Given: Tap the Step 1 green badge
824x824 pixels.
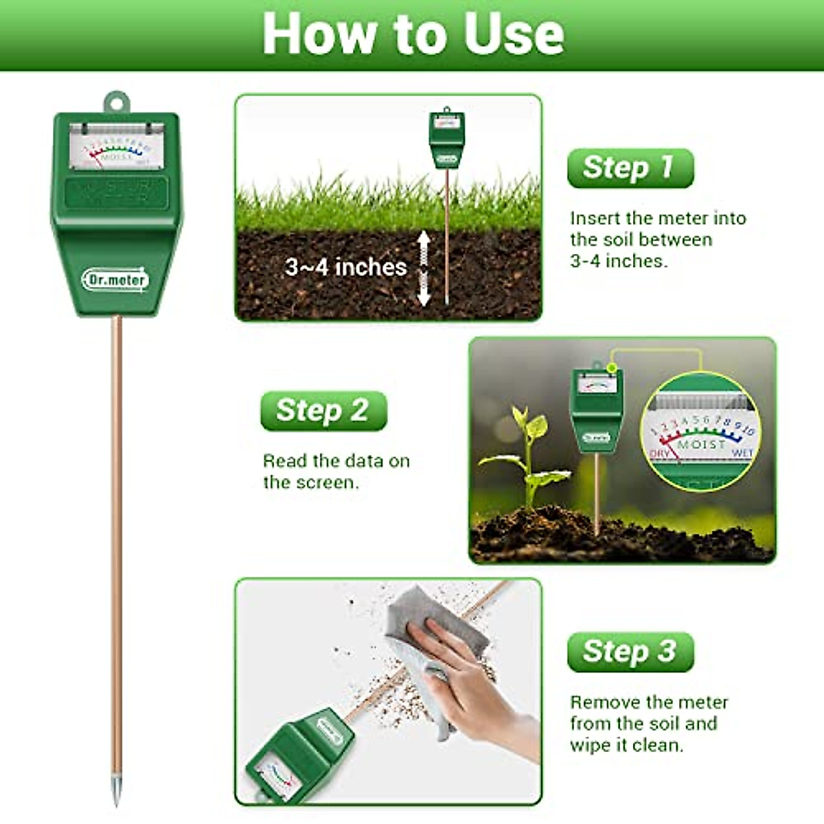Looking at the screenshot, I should tap(630, 168).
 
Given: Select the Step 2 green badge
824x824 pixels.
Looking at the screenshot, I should tap(323, 411).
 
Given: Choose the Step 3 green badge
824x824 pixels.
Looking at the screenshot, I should tap(630, 652).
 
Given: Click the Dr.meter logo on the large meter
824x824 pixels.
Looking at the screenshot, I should tap(115, 279).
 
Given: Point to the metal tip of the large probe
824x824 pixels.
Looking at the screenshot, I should tap(116, 790).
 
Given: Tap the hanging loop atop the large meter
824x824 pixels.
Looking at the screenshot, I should tap(116, 103).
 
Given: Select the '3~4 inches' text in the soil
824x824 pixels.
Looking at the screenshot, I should tap(345, 267).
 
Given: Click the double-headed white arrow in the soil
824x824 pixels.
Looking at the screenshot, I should tap(424, 268).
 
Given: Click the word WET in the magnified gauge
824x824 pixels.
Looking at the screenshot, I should tap(742, 453).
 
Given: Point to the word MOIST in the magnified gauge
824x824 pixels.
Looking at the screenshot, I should tap(701, 445).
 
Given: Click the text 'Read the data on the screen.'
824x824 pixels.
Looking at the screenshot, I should tap(336, 471).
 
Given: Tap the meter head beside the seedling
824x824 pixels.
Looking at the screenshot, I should tap(596, 409).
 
